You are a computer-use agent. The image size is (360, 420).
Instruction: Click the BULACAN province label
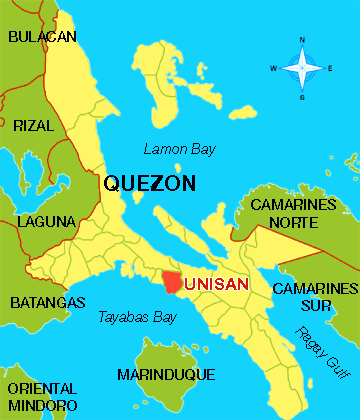(43, 36)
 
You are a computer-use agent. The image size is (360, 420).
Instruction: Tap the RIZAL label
(34, 125)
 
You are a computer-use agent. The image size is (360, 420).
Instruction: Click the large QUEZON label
(149, 184)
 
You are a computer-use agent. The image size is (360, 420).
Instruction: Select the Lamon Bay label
(175, 149)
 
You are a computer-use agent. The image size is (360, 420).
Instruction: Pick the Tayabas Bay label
(137, 318)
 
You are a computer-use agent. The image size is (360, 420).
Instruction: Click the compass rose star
(300, 68)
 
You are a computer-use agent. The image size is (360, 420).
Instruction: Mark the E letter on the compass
(330, 68)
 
